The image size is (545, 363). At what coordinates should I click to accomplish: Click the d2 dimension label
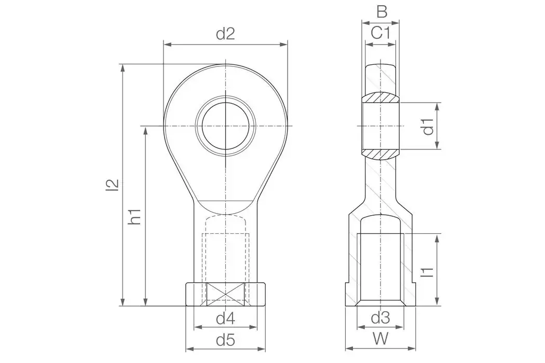point(225,34)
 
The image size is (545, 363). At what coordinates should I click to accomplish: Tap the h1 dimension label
point(135,216)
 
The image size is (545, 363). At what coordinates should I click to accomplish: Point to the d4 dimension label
point(225,317)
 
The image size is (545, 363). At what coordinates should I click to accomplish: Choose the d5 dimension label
point(225,340)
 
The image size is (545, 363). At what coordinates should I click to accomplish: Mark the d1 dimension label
point(428,126)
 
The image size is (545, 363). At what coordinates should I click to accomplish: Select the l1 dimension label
point(428,270)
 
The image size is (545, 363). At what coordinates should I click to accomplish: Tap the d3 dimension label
point(380,317)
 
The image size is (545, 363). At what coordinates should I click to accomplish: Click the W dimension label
point(380,339)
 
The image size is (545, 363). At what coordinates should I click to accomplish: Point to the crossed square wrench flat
point(226,295)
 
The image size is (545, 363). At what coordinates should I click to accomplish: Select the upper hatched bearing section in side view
point(381,98)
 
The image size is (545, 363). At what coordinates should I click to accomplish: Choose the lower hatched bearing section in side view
point(381,153)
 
